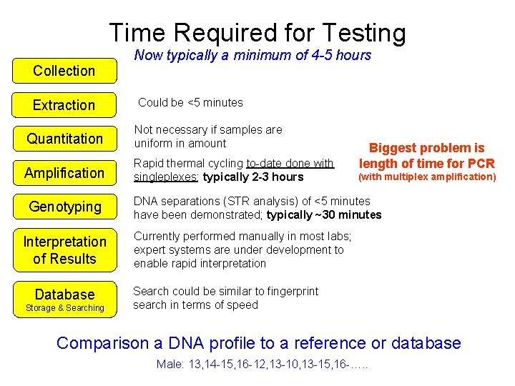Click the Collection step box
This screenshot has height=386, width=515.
(64, 71)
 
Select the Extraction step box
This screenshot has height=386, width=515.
(64, 105)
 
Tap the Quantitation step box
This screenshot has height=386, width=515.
(64, 139)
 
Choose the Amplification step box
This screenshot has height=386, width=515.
(64, 173)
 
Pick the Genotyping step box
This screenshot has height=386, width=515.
(64, 207)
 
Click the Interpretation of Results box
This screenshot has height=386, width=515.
(64, 250)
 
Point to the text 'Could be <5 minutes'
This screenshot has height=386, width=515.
(190, 102)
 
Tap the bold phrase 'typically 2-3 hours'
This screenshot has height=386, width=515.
(253, 177)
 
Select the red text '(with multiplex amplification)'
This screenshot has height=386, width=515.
(427, 177)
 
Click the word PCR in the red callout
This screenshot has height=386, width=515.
(479, 163)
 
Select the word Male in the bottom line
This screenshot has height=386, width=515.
(169, 365)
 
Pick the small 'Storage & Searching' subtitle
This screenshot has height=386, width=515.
(64, 308)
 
